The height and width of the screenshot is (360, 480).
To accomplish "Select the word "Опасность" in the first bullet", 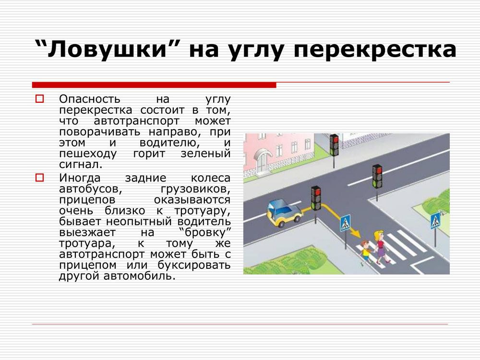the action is [90, 99].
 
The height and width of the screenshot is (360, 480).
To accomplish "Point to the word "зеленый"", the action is [205, 154].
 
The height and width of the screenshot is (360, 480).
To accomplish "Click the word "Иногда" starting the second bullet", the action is [80, 178].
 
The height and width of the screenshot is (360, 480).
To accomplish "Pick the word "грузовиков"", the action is [195, 189].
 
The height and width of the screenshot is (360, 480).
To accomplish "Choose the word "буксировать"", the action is [194, 265].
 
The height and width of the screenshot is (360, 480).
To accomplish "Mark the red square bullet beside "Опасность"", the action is [40, 99].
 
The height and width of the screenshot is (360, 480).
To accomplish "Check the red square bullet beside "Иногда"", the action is [40, 178].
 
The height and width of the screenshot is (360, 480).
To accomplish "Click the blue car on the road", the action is [284, 213].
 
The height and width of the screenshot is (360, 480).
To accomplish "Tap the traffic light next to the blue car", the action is [316, 198].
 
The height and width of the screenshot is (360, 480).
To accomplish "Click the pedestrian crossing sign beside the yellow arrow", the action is [345, 223].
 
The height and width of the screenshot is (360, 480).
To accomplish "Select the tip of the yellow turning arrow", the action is [360, 237].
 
